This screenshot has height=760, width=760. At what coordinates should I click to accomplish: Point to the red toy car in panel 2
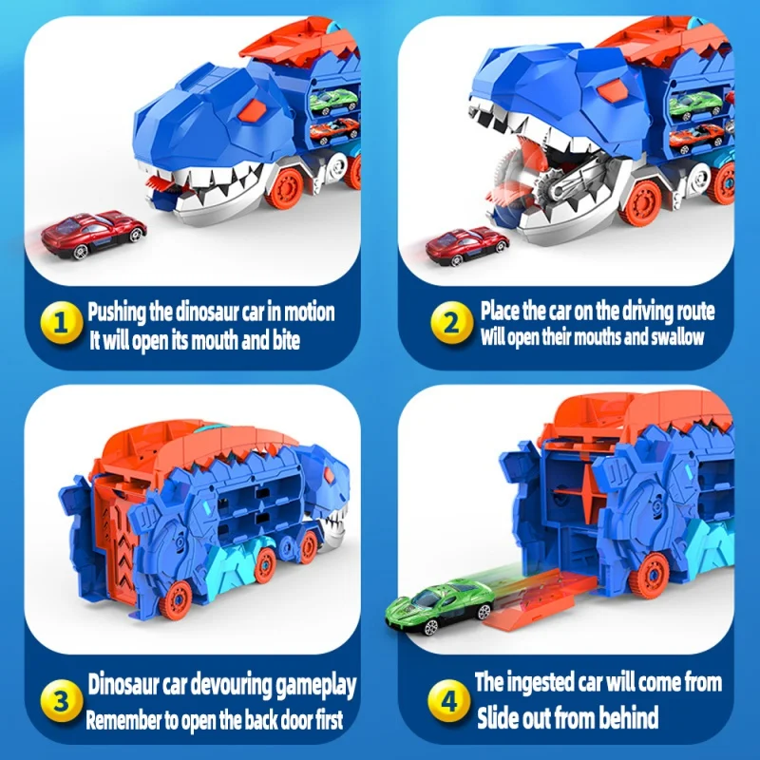pyautogui.click(x=466, y=245)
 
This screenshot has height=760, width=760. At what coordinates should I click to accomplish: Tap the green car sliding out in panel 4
pyautogui.click(x=439, y=604)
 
